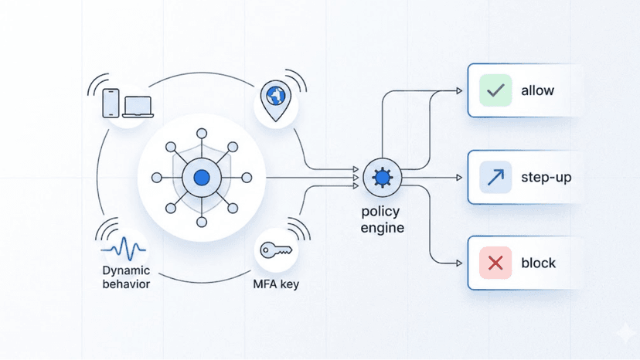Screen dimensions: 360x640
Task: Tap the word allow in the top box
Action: click(x=538, y=91)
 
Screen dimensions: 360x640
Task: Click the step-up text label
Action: click(x=546, y=178)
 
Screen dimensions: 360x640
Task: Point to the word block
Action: click(x=539, y=263)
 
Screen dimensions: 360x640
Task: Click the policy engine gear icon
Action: click(x=381, y=178)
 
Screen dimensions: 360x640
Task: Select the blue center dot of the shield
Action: click(x=202, y=178)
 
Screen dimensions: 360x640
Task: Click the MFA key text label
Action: click(x=276, y=284)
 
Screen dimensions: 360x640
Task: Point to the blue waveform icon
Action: click(x=125, y=250)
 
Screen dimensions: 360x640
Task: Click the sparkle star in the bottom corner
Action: click(x=621, y=333)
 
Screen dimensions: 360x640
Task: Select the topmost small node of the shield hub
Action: click(x=202, y=133)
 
